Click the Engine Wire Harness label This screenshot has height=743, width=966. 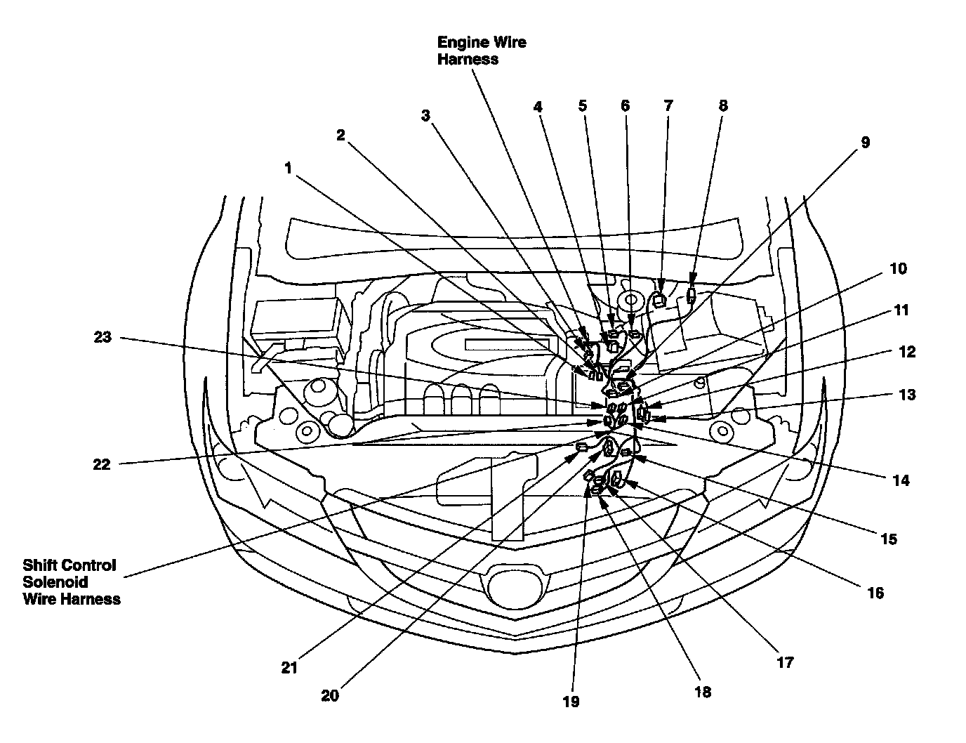point(482,51)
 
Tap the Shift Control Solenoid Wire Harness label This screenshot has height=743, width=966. point(71,581)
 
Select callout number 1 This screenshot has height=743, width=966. point(288,168)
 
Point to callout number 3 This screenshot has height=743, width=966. point(425,116)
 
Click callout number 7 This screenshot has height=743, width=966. point(668,105)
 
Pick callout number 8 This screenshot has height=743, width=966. point(723,105)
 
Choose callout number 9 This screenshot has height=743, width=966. point(865,143)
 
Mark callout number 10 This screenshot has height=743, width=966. point(898,268)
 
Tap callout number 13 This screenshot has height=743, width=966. point(907,395)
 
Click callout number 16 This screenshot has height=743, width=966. point(875,593)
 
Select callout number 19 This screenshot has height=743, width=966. point(571,702)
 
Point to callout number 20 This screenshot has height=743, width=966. point(330,695)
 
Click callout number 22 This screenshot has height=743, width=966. point(101,464)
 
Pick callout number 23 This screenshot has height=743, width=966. point(102,337)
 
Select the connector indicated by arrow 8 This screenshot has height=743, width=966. point(692,295)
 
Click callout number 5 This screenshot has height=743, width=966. point(583,105)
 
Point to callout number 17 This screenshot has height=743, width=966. point(785,662)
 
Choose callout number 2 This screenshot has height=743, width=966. point(340,135)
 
